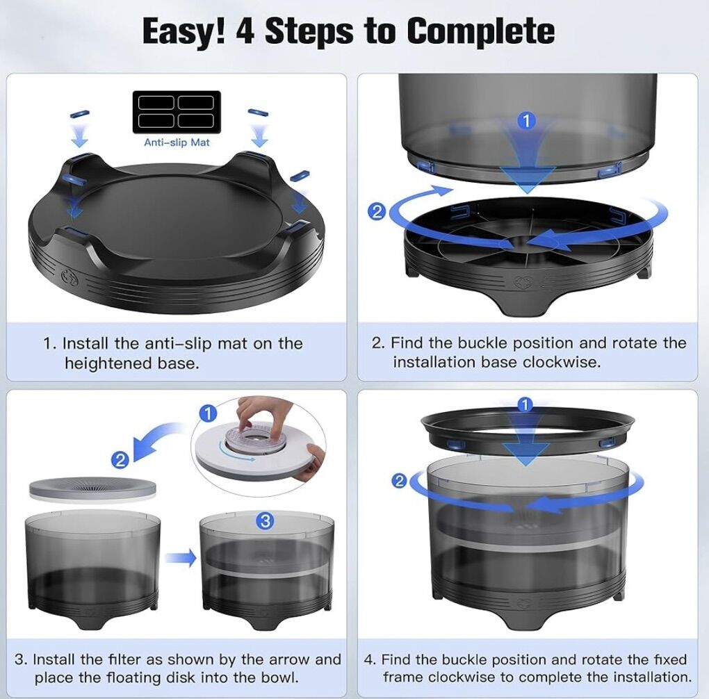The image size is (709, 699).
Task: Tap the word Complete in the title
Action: point(480,32)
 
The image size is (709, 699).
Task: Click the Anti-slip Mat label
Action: point(177,142)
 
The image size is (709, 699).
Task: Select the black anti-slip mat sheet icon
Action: point(177,112)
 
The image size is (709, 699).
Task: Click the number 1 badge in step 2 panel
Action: point(526,121)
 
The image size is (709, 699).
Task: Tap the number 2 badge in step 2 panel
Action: point(377,212)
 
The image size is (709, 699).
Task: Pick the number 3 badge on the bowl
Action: point(266,521)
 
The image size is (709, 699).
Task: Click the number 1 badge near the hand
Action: point(208,413)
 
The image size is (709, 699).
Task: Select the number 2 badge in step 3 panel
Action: point(120,460)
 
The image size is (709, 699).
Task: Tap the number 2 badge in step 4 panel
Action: point(399,481)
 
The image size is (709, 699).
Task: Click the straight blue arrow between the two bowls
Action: point(181,558)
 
